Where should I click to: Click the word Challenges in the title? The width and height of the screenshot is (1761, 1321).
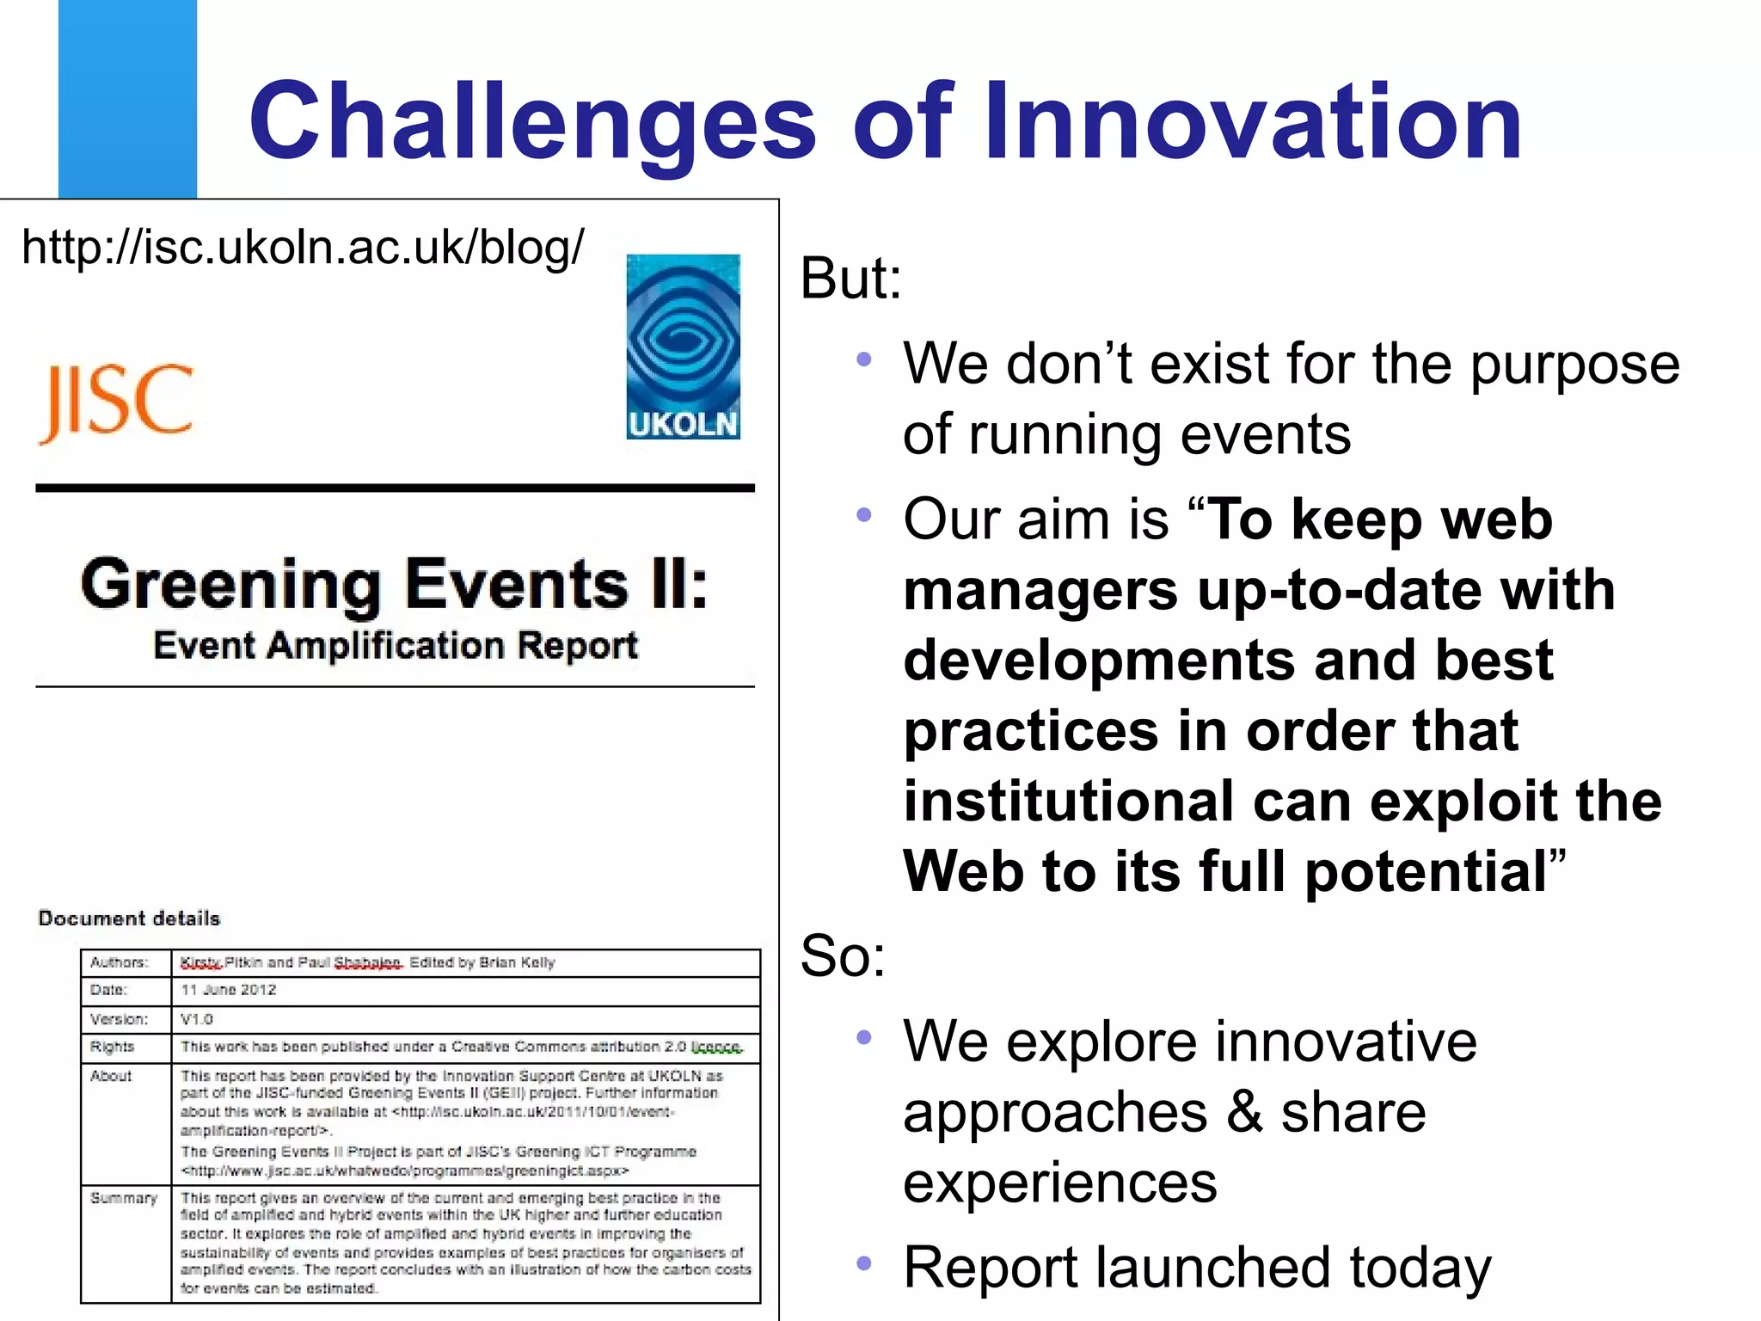coord(531,122)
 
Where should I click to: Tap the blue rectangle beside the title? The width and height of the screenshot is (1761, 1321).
coord(127,99)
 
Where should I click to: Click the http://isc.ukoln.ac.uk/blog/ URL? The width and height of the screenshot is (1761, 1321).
coord(303,248)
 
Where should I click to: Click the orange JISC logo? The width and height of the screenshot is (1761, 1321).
coord(117,402)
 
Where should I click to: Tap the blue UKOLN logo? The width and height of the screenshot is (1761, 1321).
coord(683,347)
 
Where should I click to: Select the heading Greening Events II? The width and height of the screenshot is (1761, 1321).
coord(395,585)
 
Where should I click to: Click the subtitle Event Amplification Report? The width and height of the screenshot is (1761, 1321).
coord(396,645)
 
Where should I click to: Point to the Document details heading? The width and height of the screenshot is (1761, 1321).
coord(129,919)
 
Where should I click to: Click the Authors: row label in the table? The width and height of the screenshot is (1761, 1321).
coord(120,962)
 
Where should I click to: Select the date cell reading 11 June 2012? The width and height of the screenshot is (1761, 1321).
coord(229,990)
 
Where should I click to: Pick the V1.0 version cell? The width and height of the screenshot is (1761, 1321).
coord(197,1019)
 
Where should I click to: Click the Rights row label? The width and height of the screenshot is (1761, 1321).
coord(113,1047)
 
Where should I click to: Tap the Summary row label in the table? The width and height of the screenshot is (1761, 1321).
coord(124,1198)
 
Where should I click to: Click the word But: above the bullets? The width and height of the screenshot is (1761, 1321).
coord(850,279)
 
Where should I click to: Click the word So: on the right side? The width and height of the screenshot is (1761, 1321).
coord(842,955)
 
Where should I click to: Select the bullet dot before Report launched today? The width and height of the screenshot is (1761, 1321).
coord(864,1263)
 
